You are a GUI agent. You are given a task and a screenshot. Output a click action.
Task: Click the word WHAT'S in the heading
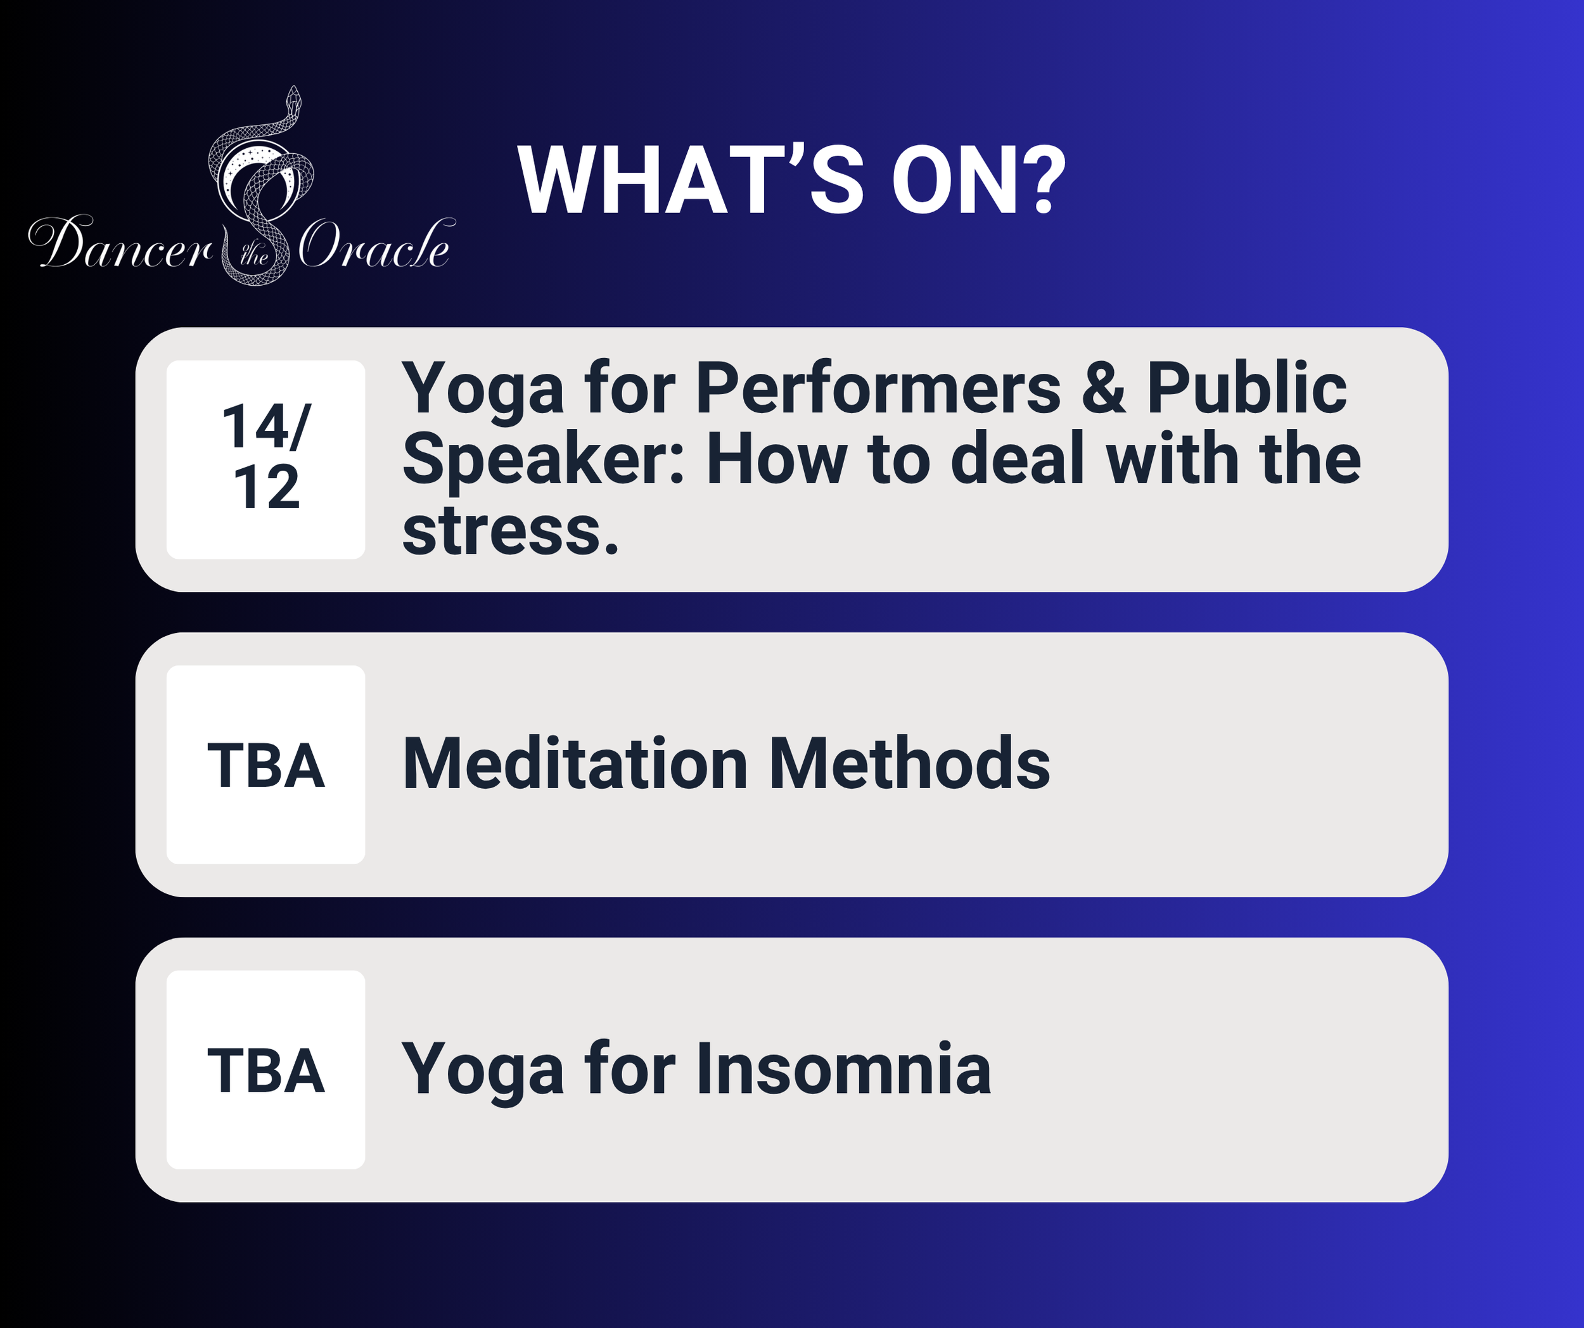pos(691,181)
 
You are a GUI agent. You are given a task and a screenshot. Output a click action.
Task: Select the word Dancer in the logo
pos(120,243)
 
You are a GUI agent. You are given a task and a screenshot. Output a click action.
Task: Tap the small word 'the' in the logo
pos(254,255)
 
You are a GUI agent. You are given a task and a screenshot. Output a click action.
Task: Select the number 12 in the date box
pos(266,487)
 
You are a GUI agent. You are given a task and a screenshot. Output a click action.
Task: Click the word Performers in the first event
pos(878,388)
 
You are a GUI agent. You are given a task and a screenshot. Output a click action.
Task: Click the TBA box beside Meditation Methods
pos(265,765)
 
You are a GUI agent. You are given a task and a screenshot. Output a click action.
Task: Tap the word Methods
pos(909,763)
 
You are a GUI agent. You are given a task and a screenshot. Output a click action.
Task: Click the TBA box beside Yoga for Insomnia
pos(265,1070)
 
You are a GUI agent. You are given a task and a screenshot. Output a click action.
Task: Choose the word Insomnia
pos(843,1069)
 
